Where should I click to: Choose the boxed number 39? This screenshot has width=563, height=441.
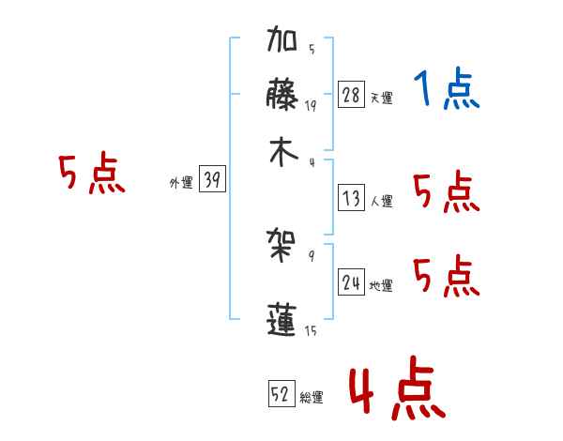coord(212,181)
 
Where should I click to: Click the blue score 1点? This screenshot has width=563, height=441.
coord(446,91)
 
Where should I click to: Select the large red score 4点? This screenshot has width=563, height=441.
coord(396,388)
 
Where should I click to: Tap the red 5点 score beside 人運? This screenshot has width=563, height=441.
coord(447,193)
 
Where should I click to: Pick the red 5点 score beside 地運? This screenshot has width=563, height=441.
coord(447,276)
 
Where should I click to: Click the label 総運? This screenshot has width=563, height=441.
coord(312,397)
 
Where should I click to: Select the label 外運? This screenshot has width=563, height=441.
coord(181,184)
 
